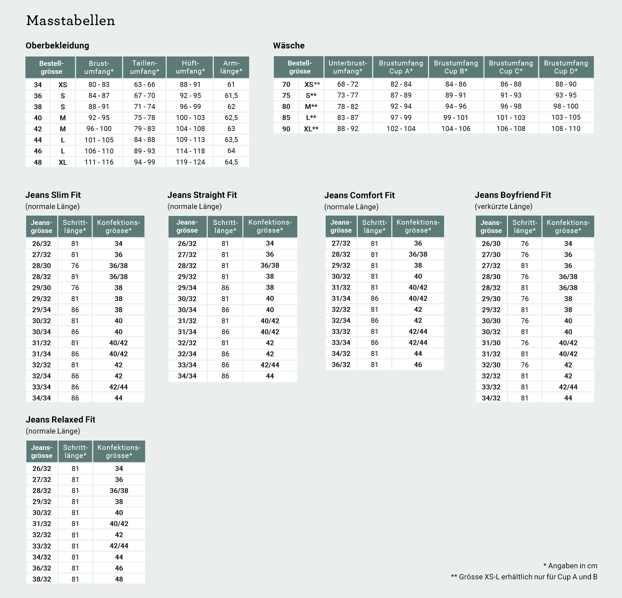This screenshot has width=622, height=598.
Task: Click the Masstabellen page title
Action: coord(71,21)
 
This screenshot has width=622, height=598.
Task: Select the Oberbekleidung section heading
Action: coord(57,45)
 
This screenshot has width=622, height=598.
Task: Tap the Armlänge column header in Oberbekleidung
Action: coord(231,67)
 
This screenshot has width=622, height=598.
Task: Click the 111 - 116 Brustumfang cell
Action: coord(99,162)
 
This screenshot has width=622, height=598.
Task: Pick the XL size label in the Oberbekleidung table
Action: coord(63,162)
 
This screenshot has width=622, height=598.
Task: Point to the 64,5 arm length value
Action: coord(231,162)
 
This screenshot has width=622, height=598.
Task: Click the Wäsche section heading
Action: coord(289,45)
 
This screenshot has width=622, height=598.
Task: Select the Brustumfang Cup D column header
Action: coord(566,67)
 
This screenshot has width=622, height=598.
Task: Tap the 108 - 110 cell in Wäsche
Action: coord(566,129)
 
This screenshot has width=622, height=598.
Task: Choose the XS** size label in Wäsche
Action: coord(312,85)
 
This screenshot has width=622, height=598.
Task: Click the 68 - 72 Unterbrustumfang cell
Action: coord(348,84)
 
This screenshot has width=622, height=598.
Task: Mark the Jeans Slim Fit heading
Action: coord(53,195)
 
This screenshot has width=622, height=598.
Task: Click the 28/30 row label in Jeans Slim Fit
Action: coord(41,266)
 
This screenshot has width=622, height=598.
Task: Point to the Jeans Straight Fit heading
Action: coord(202,195)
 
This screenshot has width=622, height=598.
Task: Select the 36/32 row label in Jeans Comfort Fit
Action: coord(341,365)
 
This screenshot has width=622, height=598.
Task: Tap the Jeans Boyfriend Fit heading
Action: coord(513,195)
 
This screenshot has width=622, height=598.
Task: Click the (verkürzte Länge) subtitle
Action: coord(503,207)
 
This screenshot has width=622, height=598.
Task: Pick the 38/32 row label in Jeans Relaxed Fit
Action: coord(42,579)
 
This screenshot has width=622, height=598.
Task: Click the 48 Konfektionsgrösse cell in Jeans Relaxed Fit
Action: coord(119,579)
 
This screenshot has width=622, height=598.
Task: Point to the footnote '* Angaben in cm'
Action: coord(570,566)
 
